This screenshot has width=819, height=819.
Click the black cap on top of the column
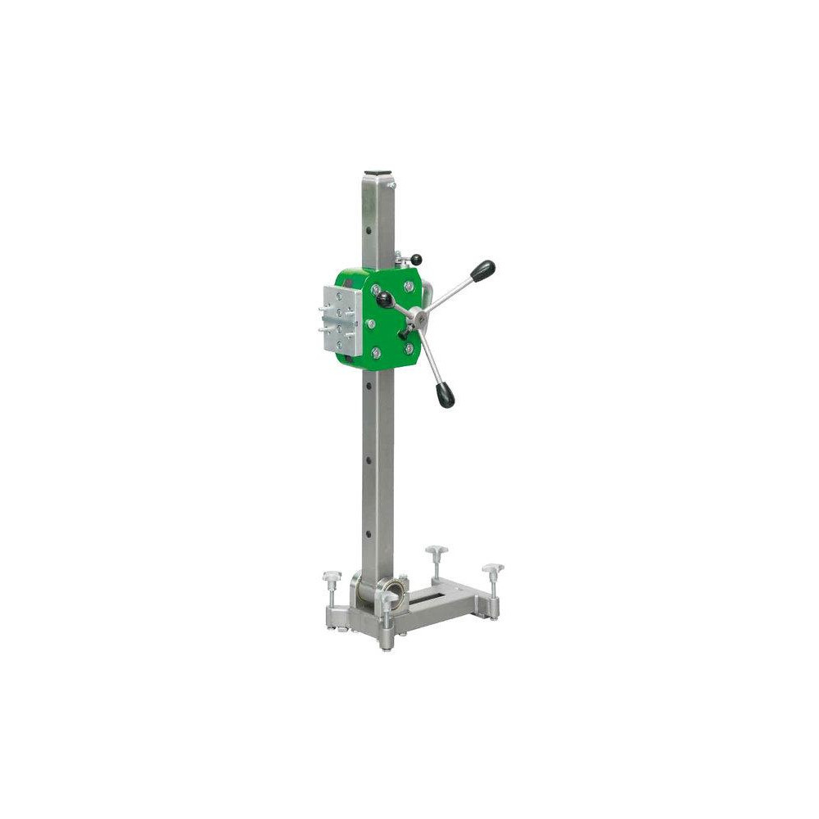378,173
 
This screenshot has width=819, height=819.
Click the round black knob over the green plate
385,299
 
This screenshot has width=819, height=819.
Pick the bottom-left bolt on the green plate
376,353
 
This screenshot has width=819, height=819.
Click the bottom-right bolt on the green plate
408,349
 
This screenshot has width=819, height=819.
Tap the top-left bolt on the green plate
376,290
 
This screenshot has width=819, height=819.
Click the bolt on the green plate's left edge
372,324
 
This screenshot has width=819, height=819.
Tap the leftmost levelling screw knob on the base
332,577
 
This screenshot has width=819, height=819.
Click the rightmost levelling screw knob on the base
493,568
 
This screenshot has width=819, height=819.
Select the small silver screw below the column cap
393,186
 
